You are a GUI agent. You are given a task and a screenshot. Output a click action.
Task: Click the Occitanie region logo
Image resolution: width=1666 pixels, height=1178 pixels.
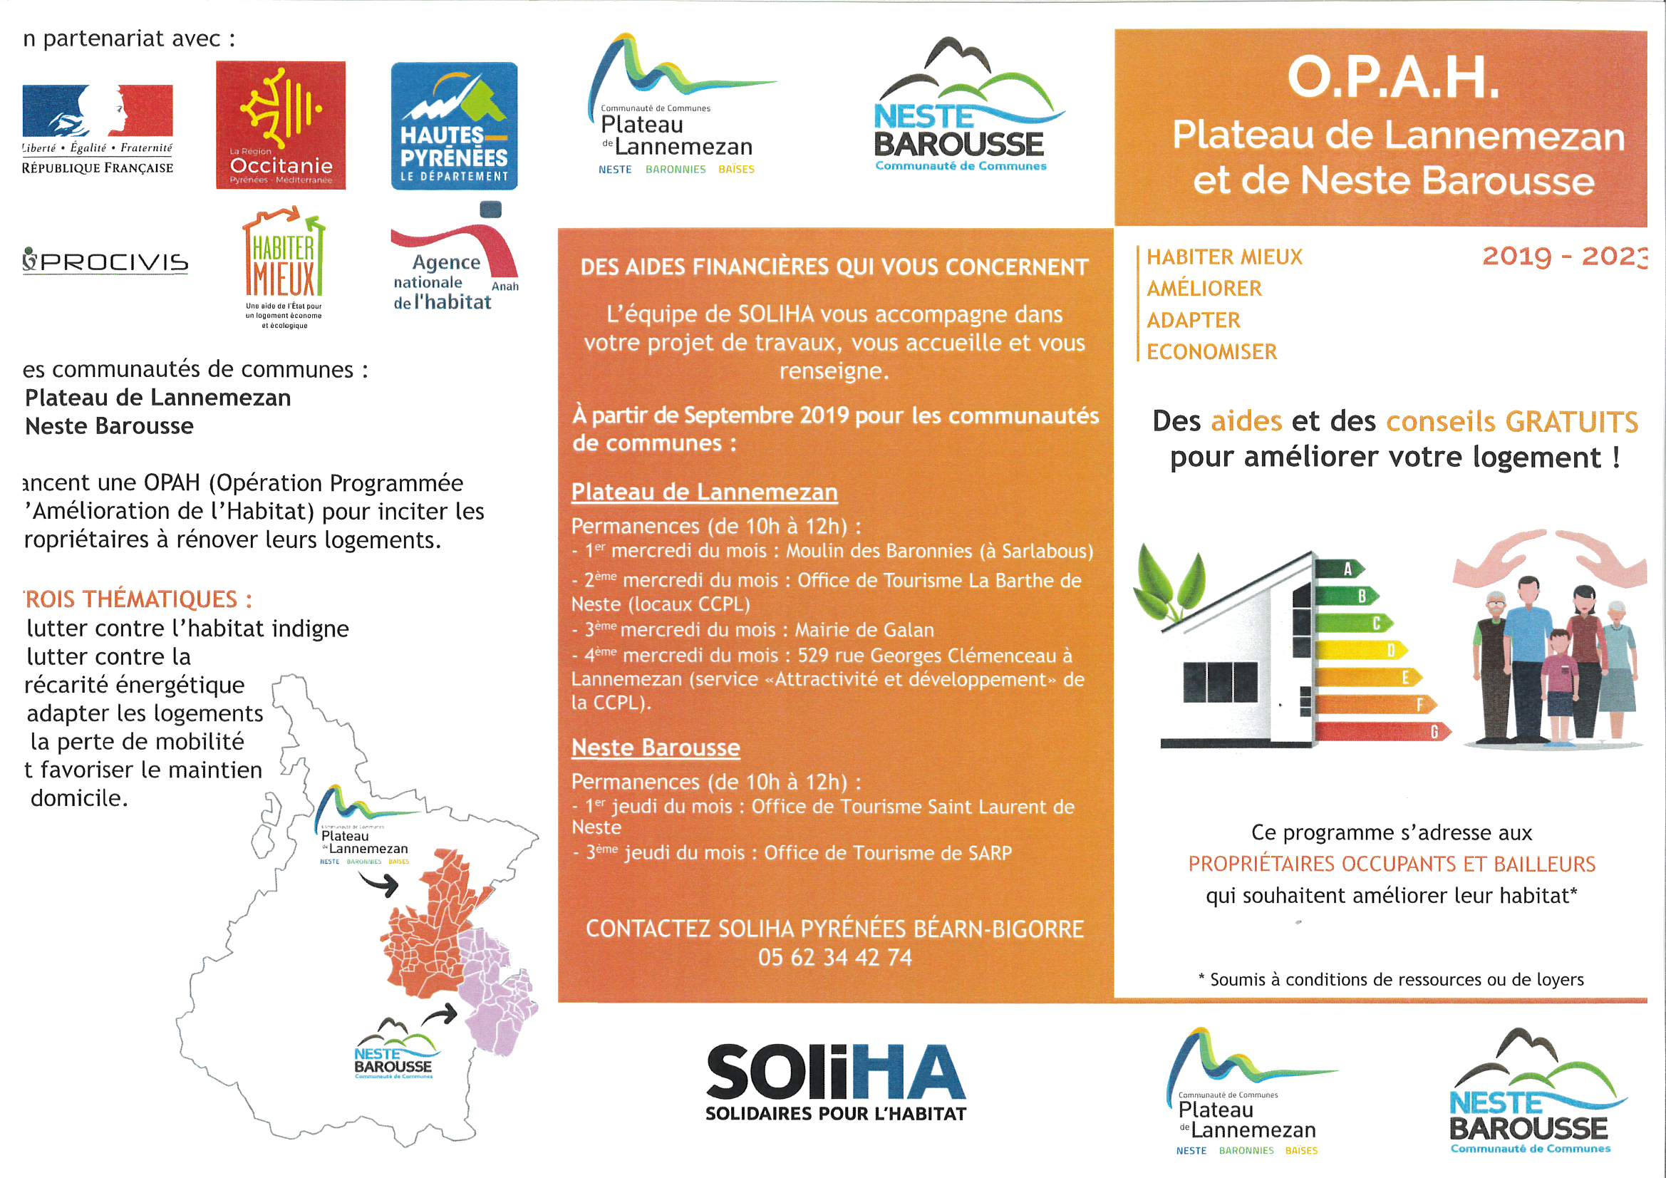click(280, 125)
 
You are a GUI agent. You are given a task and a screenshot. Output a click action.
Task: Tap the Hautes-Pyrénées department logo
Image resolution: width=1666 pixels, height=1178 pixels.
click(454, 125)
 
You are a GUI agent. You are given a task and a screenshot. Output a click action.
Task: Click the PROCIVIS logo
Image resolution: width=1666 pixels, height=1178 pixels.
click(106, 262)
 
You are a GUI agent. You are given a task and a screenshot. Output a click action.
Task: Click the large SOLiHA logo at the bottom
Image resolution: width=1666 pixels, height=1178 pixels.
click(836, 1081)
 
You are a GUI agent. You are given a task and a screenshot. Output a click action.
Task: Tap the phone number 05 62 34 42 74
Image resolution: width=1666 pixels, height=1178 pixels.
click(834, 957)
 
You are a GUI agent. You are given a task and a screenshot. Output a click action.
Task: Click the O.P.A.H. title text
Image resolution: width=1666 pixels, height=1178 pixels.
click(1392, 78)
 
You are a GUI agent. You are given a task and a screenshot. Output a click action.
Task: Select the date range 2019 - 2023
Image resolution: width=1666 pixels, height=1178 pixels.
click(1564, 257)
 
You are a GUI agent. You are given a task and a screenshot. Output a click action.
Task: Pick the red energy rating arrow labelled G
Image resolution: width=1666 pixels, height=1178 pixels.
click(1382, 732)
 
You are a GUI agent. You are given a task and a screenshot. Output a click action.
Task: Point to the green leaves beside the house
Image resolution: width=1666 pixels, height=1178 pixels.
click(1168, 584)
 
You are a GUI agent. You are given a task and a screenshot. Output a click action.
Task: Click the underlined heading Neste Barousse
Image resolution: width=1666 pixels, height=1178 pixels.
click(656, 748)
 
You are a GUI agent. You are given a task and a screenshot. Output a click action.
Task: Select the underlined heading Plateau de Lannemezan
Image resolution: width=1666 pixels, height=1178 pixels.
click(704, 492)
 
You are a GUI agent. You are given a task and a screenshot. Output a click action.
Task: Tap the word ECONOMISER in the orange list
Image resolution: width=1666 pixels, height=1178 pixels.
click(1211, 352)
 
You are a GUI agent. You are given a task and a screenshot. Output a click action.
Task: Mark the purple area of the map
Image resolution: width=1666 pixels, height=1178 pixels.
click(497, 987)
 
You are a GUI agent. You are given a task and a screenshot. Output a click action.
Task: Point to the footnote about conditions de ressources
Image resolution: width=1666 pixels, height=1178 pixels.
click(1391, 980)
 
